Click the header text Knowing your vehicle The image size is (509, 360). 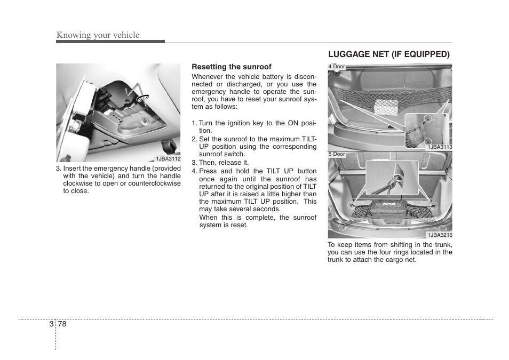tap(98, 35)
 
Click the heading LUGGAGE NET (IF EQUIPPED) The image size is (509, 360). tap(389, 54)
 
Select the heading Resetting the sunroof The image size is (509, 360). tap(232, 67)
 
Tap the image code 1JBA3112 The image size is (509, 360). tap(168, 159)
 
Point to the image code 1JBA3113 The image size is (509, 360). tap(439, 147)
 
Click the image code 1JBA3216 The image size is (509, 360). tap(439, 235)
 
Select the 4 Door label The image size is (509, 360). tap(337, 67)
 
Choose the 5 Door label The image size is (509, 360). tap(337, 154)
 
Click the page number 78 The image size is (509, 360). tap(63, 324)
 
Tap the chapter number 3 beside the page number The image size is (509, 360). tap(51, 324)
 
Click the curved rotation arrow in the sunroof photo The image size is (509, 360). tap(142, 98)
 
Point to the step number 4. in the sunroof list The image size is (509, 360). tap(195, 171)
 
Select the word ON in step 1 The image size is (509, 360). tap(293, 123)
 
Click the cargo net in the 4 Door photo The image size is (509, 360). tap(387, 106)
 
